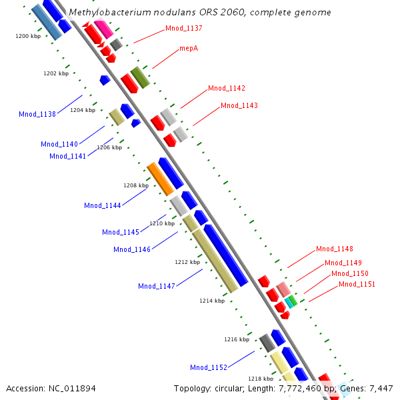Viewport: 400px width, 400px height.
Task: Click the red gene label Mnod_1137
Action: coord(184,29)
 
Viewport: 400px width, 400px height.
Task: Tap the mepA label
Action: coord(189,49)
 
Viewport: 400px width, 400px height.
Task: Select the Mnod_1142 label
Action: coord(227,88)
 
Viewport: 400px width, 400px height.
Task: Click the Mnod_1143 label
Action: coord(239,105)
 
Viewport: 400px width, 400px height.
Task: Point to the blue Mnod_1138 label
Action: coord(37,114)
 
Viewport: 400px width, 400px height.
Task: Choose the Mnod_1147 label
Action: coord(157,286)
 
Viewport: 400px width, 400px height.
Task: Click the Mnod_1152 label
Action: coord(209,367)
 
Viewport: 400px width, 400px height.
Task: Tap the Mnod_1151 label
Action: coord(357,284)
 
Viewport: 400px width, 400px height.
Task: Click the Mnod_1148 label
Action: coord(335,249)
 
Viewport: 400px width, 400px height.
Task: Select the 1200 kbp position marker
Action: coord(28,36)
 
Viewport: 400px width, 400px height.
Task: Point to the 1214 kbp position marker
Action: coord(212,301)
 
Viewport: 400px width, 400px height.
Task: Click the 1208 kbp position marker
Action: coord(136,185)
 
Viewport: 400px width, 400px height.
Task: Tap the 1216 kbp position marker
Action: coord(237,339)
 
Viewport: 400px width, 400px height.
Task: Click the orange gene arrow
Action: coord(160,179)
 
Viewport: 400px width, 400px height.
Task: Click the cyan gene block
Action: coord(289,302)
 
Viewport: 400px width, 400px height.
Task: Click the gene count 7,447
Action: coord(381,388)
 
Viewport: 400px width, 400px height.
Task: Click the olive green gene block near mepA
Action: coord(139,77)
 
